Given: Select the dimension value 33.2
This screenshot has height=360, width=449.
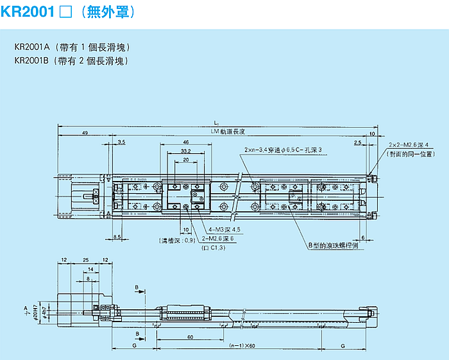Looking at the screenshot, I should [x=185, y=151].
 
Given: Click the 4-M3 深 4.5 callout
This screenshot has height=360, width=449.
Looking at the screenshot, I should [x=224, y=230].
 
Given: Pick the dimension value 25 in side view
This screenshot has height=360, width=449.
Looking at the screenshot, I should [x=86, y=260].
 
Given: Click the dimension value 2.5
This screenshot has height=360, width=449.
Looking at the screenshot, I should [x=358, y=144].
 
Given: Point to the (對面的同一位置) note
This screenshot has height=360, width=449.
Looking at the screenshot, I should [x=413, y=154].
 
